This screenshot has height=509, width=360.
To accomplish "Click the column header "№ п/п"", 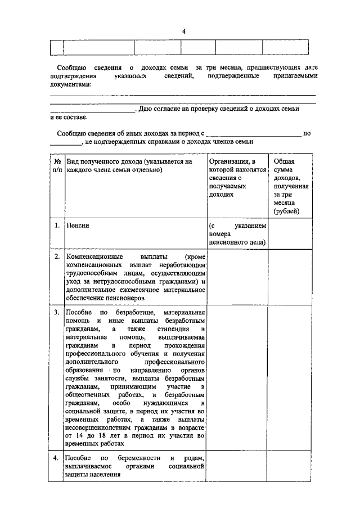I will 56,165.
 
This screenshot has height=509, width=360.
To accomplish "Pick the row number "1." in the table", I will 57,226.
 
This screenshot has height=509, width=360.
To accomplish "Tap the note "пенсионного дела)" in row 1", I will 237,242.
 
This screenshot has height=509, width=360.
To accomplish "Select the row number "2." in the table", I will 57,256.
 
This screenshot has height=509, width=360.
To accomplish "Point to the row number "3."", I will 57,312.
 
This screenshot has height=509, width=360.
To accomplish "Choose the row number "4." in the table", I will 57,458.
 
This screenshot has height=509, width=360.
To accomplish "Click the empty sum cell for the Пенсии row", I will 289,233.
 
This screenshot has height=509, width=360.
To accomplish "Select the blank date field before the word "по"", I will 253,133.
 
